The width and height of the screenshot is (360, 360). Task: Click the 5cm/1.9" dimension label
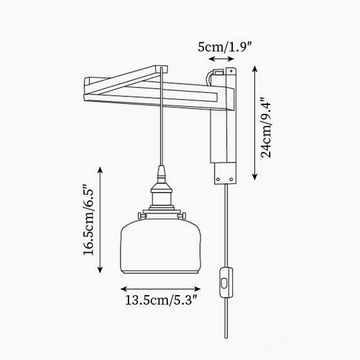coord(225,47)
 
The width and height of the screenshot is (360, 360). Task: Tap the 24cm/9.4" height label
coord(266,128)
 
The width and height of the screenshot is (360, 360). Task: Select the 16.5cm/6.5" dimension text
coord(88,219)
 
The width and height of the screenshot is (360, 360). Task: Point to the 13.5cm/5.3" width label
coord(161,300)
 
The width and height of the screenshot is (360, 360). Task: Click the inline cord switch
coord(226,282)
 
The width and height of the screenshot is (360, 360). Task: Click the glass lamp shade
coord(161,246)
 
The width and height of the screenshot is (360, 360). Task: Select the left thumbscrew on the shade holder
coord(142,216)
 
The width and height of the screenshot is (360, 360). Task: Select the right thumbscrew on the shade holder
coord(181,216)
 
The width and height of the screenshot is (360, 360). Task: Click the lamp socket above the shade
coord(161,196)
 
